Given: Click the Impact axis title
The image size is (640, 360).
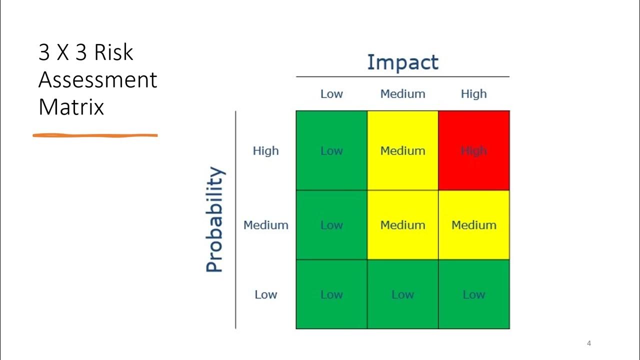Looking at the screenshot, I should click(x=402, y=62).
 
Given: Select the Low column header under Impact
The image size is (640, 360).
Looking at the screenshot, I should click(x=331, y=94).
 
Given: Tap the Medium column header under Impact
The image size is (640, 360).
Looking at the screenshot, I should click(x=402, y=94).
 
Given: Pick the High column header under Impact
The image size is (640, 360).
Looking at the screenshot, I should click(x=473, y=94).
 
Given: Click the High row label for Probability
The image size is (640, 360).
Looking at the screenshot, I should click(x=265, y=150).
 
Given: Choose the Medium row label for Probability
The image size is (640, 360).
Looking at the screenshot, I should click(x=265, y=225).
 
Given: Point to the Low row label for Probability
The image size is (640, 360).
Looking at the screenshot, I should click(x=265, y=294).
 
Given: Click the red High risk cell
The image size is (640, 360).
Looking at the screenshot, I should click(x=473, y=150).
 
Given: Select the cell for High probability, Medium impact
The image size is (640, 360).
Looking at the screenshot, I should click(x=402, y=150).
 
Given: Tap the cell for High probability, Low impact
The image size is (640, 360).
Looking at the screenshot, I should click(x=331, y=150).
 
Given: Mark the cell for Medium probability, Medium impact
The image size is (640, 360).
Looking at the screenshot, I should click(x=402, y=225).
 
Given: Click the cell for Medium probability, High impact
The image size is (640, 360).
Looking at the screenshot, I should click(x=473, y=225).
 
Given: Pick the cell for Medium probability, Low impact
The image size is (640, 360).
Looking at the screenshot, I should click(x=331, y=225).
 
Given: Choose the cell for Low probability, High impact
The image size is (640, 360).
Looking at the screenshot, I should click(x=473, y=294).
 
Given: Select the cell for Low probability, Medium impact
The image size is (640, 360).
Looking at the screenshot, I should click(x=402, y=294).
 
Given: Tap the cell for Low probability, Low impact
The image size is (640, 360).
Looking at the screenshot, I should click(x=331, y=294).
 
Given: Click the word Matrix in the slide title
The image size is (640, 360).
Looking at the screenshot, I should click(x=71, y=107).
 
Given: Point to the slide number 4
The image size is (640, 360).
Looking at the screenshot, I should click(x=589, y=343).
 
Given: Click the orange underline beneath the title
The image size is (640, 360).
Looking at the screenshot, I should click(x=95, y=135).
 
